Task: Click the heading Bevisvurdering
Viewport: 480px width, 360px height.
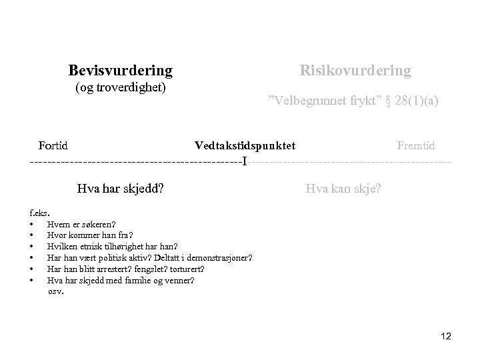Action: click(120, 70)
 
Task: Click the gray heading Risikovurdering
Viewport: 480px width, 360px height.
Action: click(355, 70)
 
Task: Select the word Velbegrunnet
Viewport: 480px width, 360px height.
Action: click(304, 101)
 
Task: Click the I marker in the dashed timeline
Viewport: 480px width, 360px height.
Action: click(244, 161)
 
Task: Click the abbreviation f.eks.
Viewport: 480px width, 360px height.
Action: click(39, 213)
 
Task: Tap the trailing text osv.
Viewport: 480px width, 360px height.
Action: click(56, 291)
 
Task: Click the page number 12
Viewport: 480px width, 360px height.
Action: click(446, 337)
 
